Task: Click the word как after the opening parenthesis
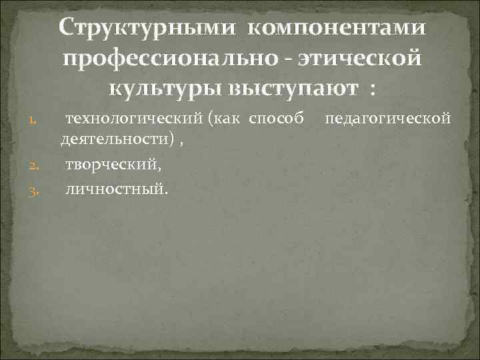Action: coord(231,120)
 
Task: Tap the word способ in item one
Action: coord(280,120)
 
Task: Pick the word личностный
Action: coord(117,192)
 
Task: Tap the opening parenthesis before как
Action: coord(210,120)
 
